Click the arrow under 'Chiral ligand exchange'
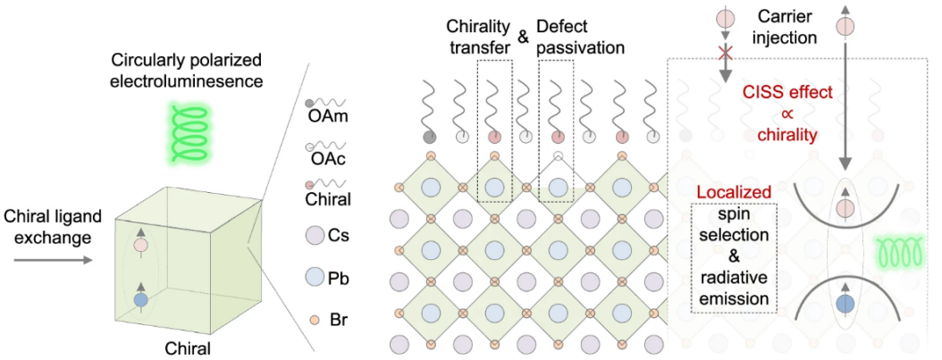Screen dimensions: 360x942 point(48,262)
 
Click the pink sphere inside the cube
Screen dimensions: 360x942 point(140,245)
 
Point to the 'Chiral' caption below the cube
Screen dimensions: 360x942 point(189,347)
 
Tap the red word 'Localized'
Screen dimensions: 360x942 point(733,193)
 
